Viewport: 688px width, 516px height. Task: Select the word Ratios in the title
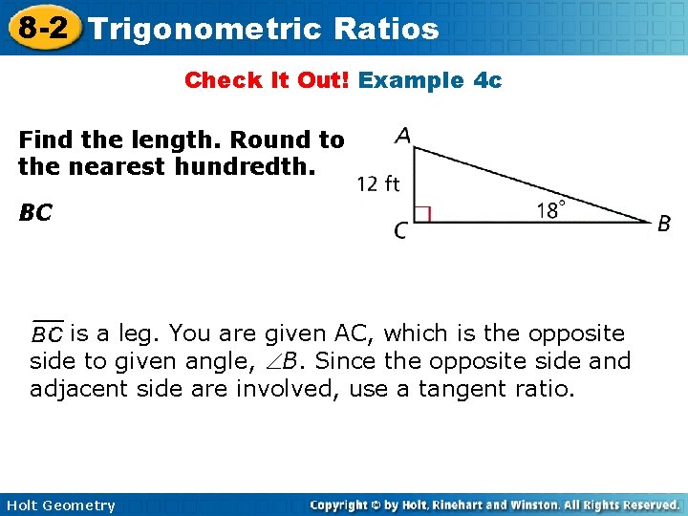[x=387, y=29]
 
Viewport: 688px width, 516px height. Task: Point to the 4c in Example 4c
[x=487, y=80]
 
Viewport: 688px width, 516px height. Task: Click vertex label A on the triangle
[x=402, y=136]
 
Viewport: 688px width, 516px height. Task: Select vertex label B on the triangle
[x=664, y=224]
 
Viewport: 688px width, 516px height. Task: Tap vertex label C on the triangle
[x=401, y=230]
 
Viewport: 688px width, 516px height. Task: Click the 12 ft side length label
[x=378, y=183]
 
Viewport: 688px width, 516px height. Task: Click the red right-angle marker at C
[x=422, y=214]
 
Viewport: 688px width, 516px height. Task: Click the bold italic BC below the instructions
[x=34, y=212]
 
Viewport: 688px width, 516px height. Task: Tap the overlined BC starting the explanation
[x=47, y=333]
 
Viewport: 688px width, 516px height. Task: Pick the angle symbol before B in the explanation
[x=272, y=362]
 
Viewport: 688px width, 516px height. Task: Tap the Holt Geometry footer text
[x=58, y=505]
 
